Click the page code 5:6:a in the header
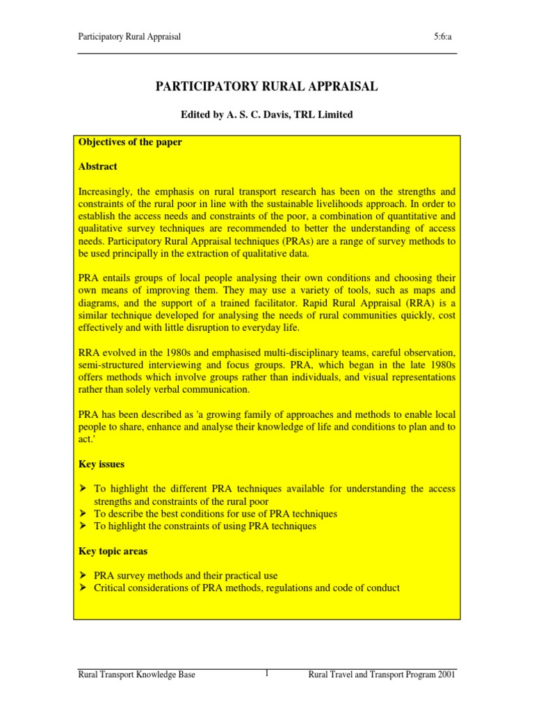(446, 37)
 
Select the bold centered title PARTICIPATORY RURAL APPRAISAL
(266, 86)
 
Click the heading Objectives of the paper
(130, 143)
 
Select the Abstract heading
(97, 167)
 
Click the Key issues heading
(101, 464)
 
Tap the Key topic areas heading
(112, 551)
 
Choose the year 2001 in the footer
(445, 675)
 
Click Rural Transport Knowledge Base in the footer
(136, 675)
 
